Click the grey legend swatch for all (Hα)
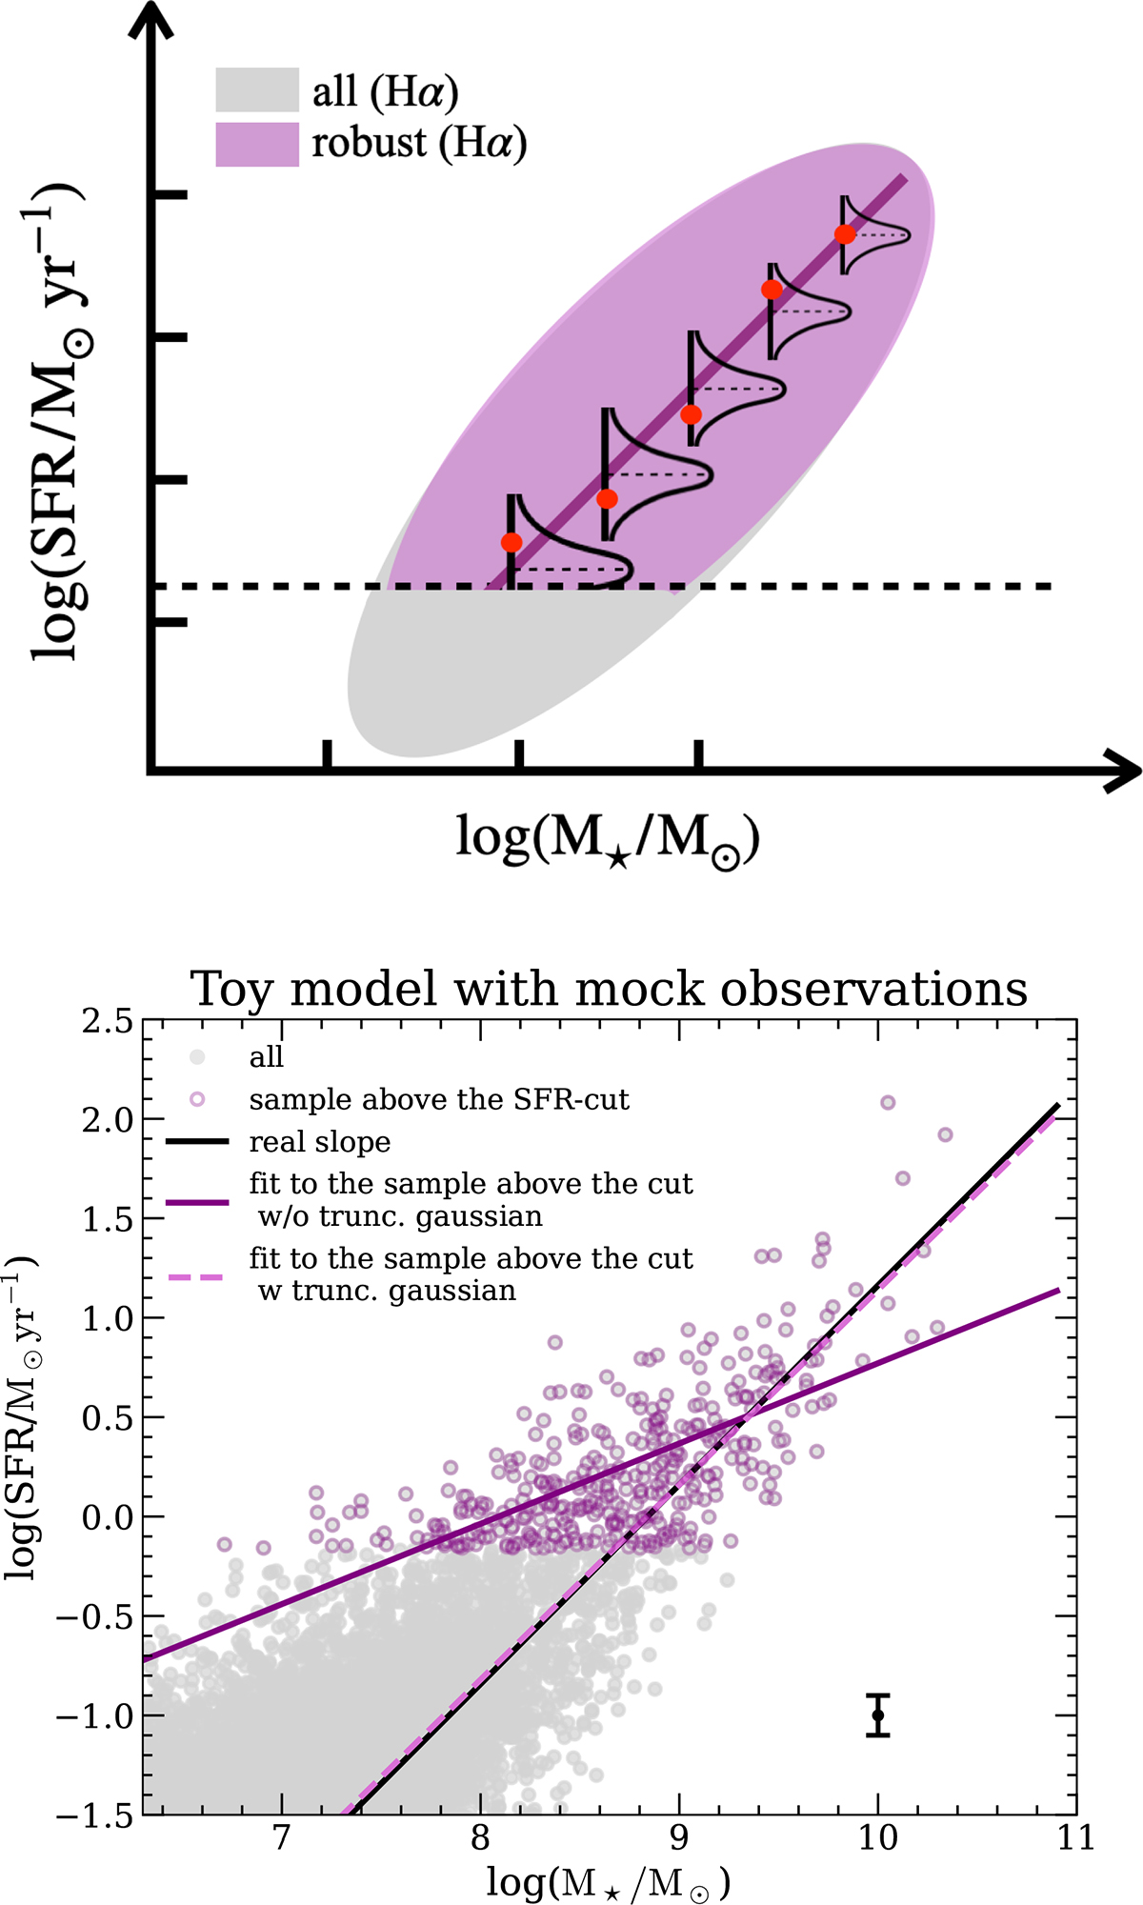tap(256, 90)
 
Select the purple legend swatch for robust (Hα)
tap(256, 145)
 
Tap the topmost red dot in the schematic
tap(844, 234)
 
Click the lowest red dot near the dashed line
tap(511, 543)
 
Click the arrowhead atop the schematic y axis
tap(150, 24)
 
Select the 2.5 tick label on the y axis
tap(108, 1022)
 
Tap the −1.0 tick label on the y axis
tap(95, 1716)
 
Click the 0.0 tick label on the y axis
tap(108, 1517)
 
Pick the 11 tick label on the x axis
tap(1075, 1838)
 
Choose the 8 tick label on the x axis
tap(480, 1838)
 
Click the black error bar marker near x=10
tap(878, 1715)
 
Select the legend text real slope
tap(319, 1142)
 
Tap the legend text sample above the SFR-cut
tap(438, 1099)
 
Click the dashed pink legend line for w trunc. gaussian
tap(197, 1276)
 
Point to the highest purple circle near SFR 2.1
tap(888, 1102)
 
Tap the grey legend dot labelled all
tap(197, 1056)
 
